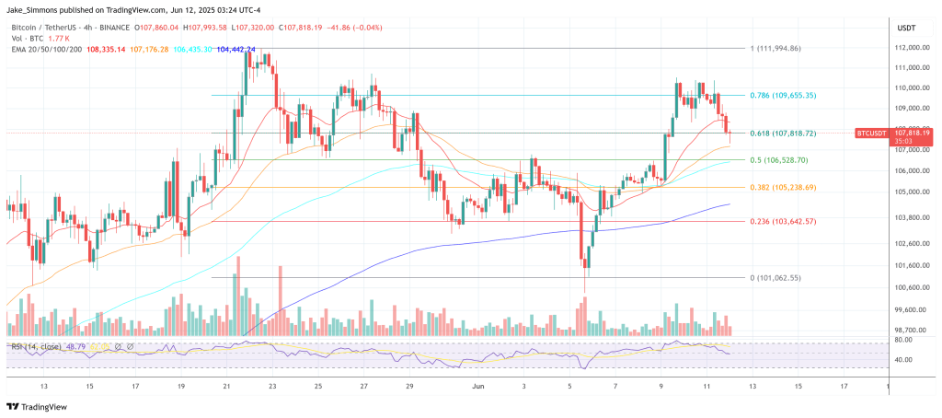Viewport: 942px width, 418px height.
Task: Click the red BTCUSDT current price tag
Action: coord(892,134)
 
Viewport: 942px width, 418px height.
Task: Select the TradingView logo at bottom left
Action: coord(41,406)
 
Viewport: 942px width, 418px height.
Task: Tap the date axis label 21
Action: coord(226,387)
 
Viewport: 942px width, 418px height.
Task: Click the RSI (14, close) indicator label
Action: coord(37,345)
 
